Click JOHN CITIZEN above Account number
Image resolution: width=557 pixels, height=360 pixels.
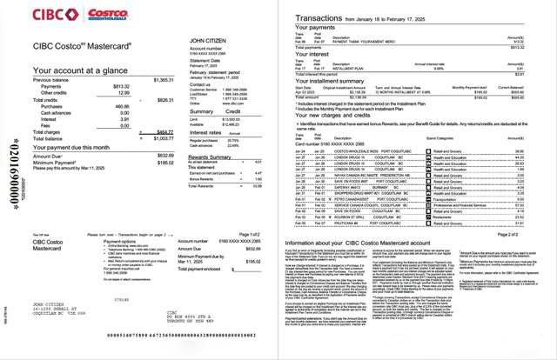208,40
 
